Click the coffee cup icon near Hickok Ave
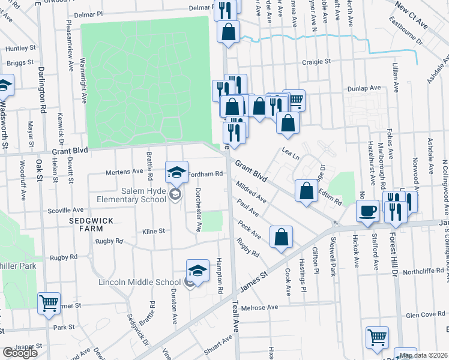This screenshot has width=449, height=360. click(x=367, y=211)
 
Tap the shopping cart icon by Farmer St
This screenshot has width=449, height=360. click(x=49, y=303)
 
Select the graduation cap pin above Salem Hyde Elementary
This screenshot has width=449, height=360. click(x=177, y=172)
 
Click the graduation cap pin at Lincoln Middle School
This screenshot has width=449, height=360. click(x=198, y=271)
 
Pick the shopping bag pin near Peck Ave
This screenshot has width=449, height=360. click(x=281, y=237)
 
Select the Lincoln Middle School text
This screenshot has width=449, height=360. click(x=140, y=282)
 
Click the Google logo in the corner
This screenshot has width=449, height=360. click(x=20, y=353)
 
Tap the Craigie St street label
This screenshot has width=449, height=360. click(x=316, y=61)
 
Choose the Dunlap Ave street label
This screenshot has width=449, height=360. click(x=364, y=88)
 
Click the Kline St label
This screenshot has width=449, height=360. click(x=153, y=231)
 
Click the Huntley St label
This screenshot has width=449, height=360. click(x=17, y=48)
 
